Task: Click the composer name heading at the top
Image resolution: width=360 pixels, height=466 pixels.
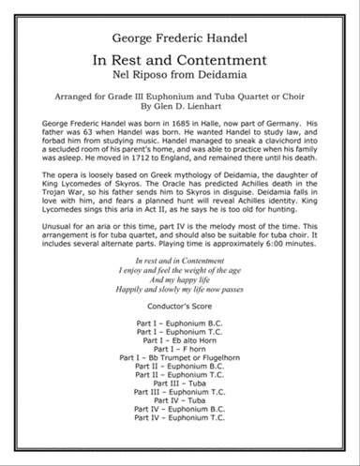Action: click(x=180, y=38)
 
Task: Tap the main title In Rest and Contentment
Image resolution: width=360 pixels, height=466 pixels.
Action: click(x=180, y=61)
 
